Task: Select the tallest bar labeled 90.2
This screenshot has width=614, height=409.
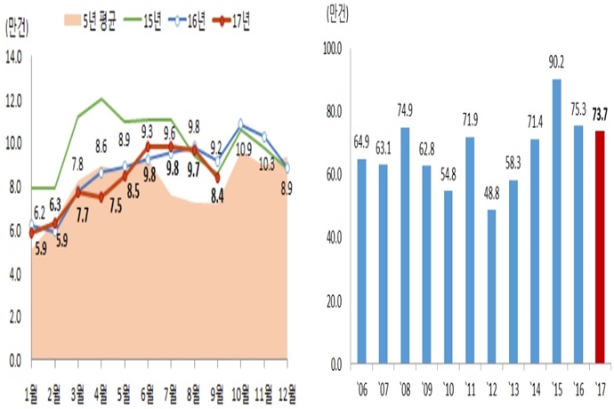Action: click(x=556, y=221)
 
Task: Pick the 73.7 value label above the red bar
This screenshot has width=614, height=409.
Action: click(x=601, y=113)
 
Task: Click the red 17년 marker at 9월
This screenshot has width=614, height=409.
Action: click(x=216, y=177)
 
